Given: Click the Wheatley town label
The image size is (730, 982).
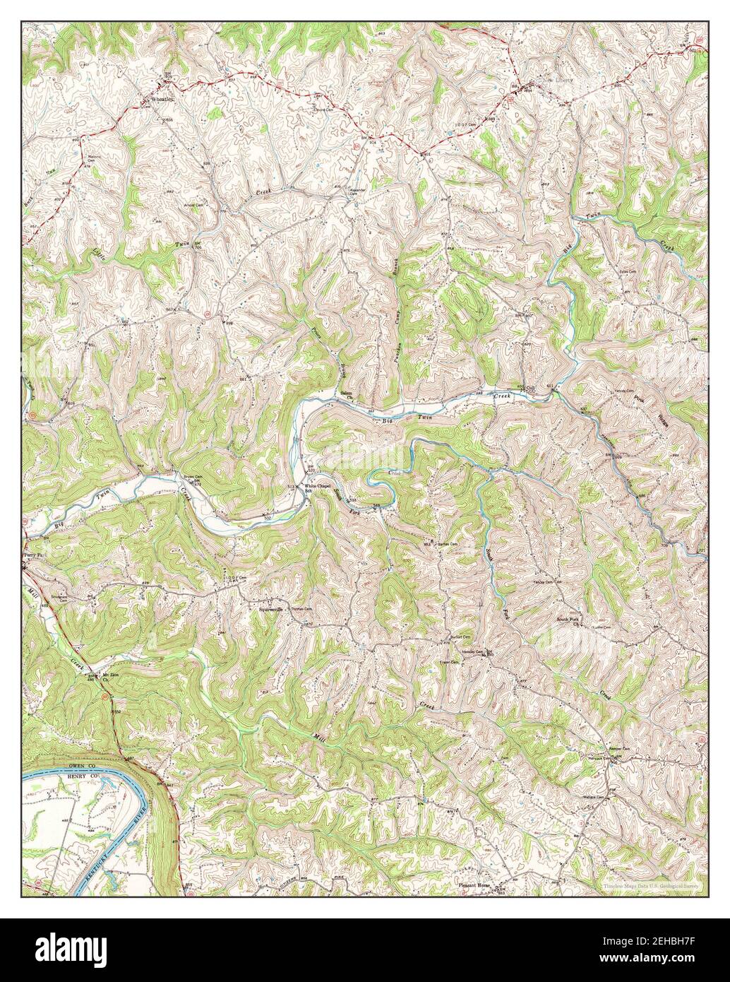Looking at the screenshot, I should [161, 100].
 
